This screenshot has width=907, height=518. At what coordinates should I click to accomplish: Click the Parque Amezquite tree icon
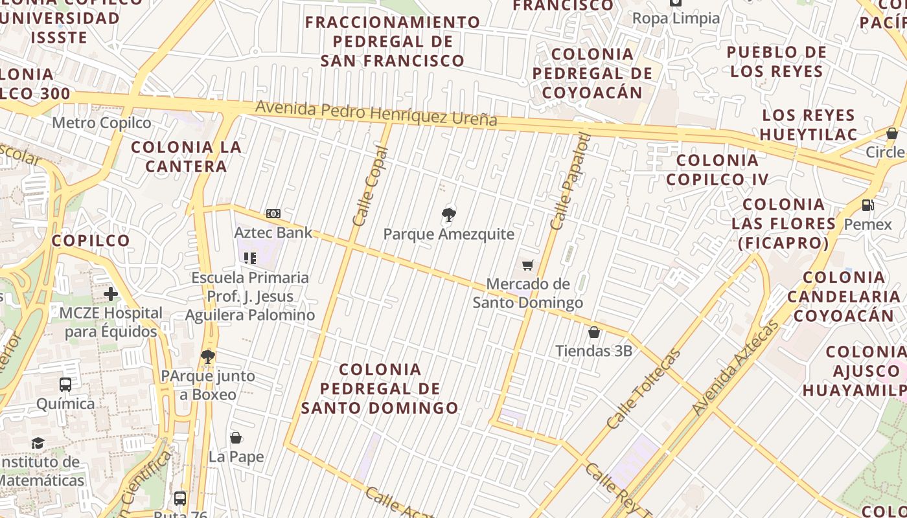coord(448,215)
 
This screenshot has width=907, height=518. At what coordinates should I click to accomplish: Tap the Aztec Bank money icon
coord(273,214)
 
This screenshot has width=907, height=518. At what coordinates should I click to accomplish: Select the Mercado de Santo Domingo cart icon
coord(528,265)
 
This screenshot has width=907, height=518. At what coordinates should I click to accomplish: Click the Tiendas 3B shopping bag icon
coord(594,333)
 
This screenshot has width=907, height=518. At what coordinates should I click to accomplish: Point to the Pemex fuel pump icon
coord(867,205)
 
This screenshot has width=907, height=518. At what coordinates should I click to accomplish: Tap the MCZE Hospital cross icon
coord(111,294)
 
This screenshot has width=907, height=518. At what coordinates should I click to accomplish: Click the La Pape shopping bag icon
coord(236,438)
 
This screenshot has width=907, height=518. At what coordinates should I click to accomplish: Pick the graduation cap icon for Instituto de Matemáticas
coord(38,444)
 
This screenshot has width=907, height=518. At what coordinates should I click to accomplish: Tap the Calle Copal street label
coord(370,186)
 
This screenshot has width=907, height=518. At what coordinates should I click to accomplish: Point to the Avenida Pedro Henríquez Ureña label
coord(376,113)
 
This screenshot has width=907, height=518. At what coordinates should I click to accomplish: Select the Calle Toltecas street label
coord(644,388)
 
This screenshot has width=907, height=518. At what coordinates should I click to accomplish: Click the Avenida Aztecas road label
coord(735,368)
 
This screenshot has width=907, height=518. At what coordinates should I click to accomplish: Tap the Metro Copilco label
coord(102,123)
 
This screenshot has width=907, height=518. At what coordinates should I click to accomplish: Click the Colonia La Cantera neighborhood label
coord(186,157)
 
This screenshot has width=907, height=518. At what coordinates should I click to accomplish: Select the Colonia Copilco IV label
coord(718,170)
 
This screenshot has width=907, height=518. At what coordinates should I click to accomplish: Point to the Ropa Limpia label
coord(676,18)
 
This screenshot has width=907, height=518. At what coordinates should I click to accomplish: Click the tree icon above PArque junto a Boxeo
coord(207,356)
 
